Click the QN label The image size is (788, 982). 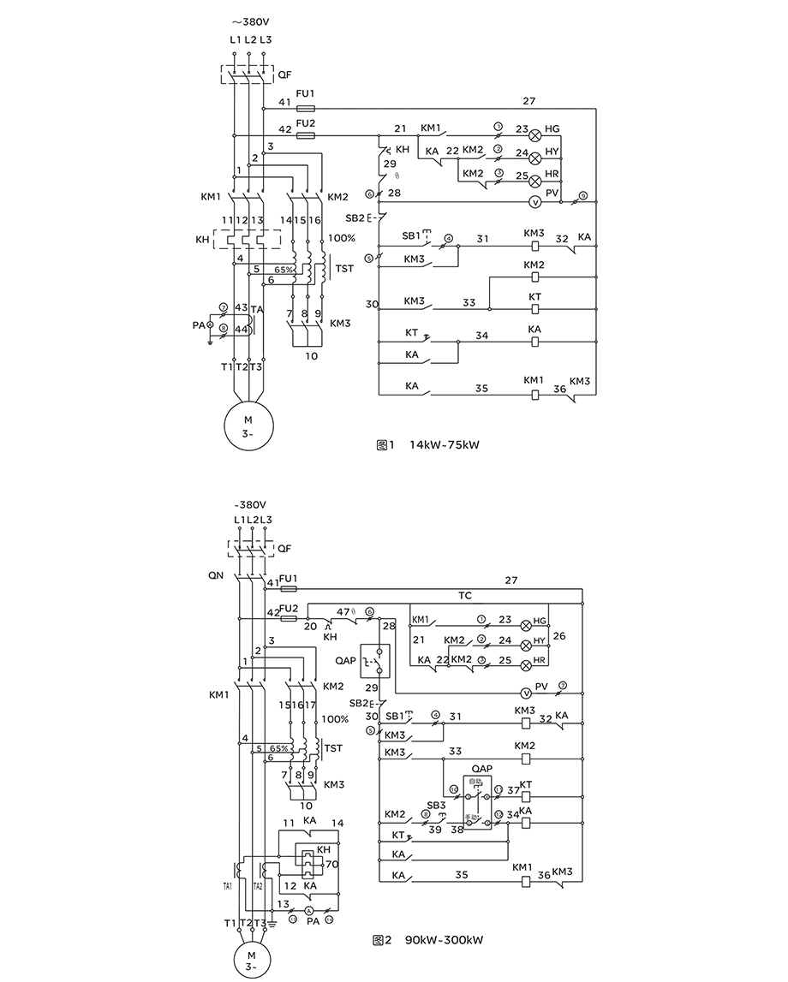click(x=215, y=576)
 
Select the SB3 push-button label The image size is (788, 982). click(x=438, y=805)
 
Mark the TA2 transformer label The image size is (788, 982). click(x=258, y=886)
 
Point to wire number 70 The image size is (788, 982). click(x=331, y=865)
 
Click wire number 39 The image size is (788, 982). click(x=434, y=830)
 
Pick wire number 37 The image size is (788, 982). click(x=513, y=790)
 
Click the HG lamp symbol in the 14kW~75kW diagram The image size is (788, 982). click(x=535, y=135)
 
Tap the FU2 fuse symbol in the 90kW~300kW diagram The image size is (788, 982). click(x=289, y=616)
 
